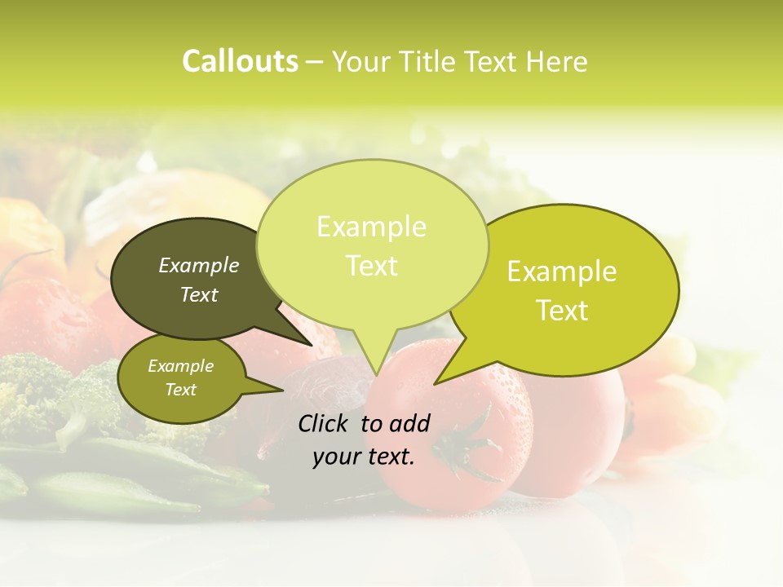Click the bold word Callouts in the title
pos(240,62)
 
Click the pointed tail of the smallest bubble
pos(265,386)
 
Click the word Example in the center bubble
pos(371,227)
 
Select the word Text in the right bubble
pos(562,311)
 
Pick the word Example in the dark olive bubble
pos(199,265)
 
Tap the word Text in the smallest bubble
pos(180,390)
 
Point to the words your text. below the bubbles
pos(364,457)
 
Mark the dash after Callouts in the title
pos(315,62)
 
